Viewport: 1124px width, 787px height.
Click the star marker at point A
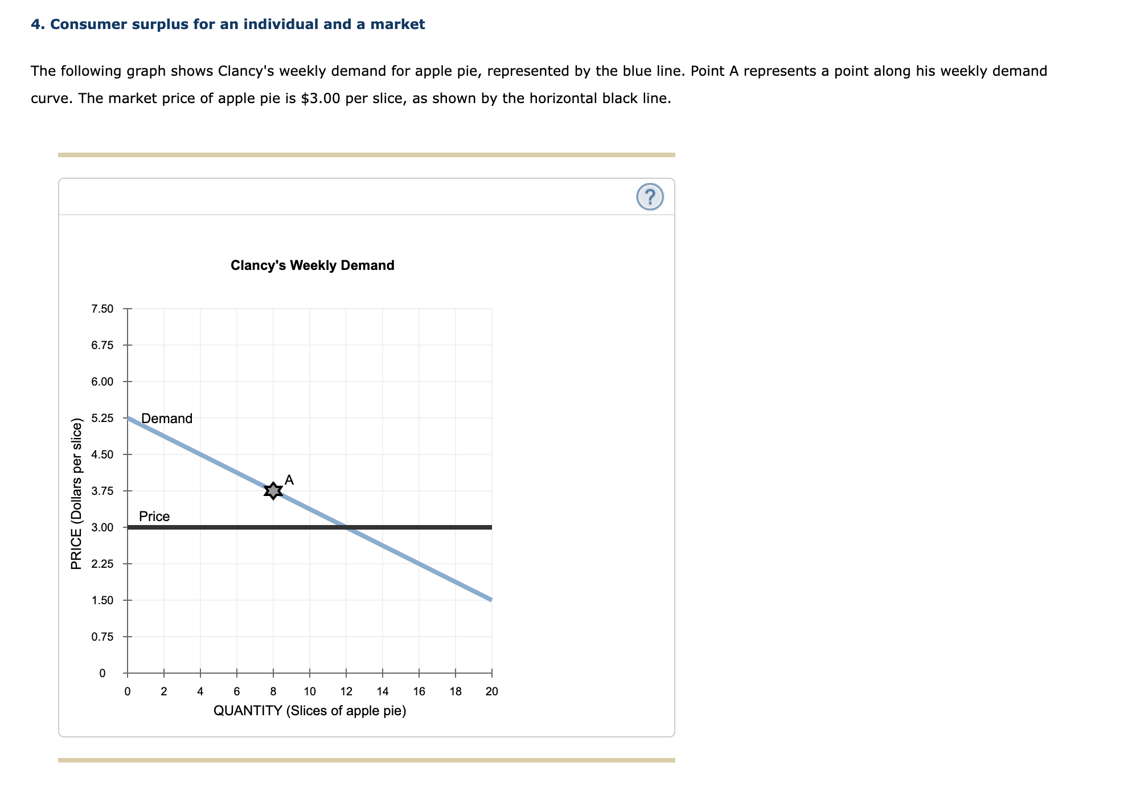(273, 490)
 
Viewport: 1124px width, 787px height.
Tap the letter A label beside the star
(289, 480)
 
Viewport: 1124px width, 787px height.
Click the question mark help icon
(650, 197)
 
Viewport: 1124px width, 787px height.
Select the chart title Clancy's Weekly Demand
(312, 265)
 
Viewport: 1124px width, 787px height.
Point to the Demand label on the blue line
(167, 419)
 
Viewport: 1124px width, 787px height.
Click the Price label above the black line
(154, 517)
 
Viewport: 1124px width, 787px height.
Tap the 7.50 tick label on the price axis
(102, 309)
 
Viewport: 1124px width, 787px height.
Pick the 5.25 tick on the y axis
(102, 418)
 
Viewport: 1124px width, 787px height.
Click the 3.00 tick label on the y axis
(102, 527)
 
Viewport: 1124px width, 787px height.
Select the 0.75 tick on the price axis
(102, 637)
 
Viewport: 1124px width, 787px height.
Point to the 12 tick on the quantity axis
(346, 691)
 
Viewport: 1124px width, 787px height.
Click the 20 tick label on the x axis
(491, 691)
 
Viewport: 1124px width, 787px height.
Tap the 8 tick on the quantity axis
(273, 691)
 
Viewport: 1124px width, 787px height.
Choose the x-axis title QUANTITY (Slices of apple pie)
(310, 711)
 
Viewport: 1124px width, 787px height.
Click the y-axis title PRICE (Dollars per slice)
(76, 494)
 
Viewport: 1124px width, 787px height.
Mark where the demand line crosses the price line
(346, 527)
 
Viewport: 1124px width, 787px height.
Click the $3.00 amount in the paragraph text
(321, 99)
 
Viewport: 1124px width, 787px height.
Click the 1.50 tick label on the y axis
(102, 600)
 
